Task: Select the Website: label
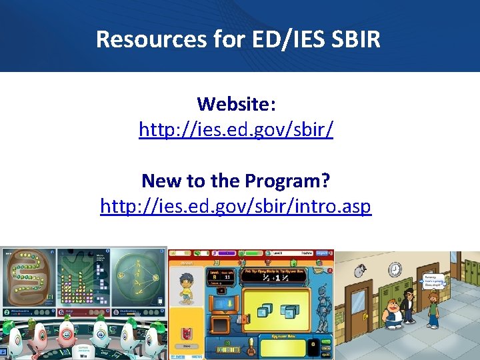pyautogui.click(x=236, y=104)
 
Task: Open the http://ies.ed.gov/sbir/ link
pyautogui.click(x=236, y=129)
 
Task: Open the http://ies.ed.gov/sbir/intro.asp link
pyautogui.click(x=235, y=207)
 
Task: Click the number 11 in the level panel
pyautogui.click(x=227, y=275)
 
